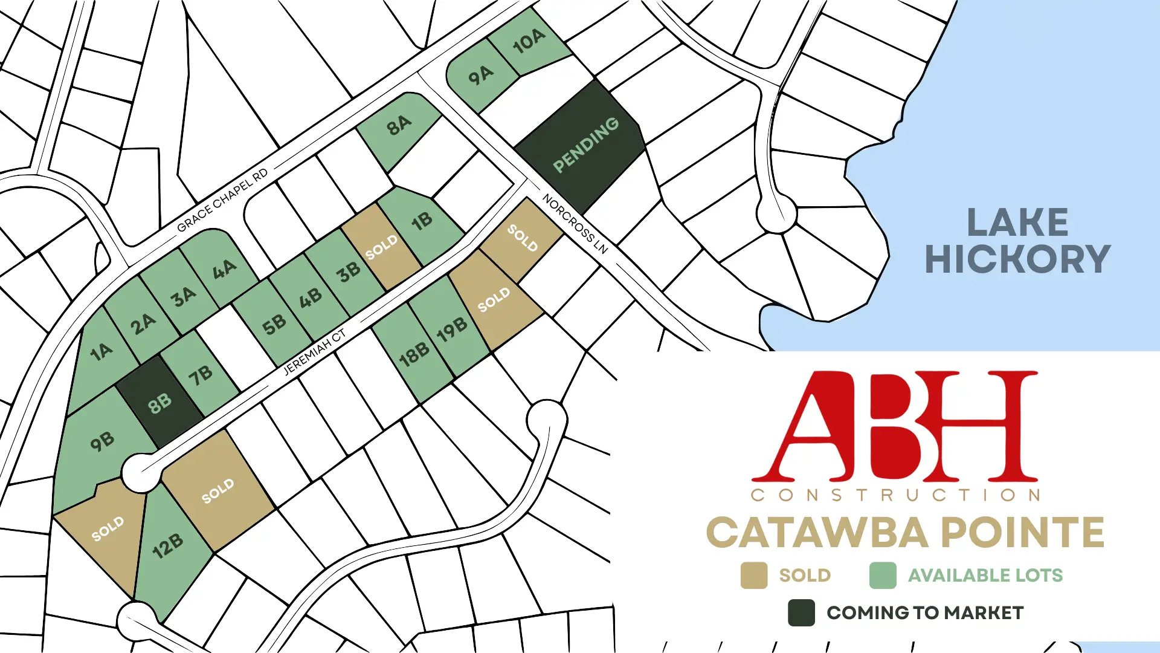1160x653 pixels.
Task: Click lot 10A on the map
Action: [529, 41]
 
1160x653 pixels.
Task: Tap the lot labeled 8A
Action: [399, 126]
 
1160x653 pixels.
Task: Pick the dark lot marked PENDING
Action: [585, 145]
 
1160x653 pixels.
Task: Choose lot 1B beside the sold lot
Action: [422, 222]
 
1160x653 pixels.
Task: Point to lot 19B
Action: [452, 329]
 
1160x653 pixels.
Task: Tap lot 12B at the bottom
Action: [167, 546]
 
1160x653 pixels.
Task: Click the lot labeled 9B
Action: [101, 442]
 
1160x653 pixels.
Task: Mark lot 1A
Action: [101, 352]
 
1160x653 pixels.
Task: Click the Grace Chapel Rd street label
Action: [222, 201]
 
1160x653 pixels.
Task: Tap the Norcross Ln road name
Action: [575, 224]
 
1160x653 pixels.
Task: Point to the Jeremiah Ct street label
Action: [315, 351]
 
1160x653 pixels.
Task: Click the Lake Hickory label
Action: [1017, 241]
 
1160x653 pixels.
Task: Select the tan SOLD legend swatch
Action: [754, 576]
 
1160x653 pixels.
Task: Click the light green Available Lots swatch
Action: [883, 576]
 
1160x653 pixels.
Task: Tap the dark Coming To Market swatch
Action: [801, 613]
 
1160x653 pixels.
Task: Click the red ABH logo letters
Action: [894, 426]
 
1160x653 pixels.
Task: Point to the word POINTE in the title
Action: [1022, 533]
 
